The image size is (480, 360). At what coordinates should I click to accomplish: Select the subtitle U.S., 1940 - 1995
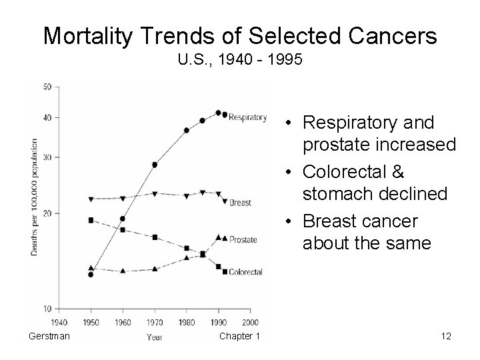coord(240,61)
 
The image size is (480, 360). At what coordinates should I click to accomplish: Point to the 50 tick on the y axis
coord(47,87)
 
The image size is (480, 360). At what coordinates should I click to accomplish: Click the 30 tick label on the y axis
coord(47,157)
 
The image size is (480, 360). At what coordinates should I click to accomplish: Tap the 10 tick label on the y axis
coord(47,309)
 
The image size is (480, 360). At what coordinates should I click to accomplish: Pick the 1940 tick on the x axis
coord(59,322)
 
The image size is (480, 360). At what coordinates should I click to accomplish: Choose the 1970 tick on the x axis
coord(155,322)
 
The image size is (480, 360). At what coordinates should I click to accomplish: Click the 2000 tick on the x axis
coord(249,322)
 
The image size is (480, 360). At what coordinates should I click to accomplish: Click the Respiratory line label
coord(248,118)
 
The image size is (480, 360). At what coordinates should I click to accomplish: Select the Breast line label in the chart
coord(240,202)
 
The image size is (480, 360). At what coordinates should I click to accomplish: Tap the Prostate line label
coord(244,239)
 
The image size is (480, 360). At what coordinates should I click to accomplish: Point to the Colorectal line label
coord(245,272)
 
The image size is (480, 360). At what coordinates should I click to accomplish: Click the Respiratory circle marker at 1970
coord(155,165)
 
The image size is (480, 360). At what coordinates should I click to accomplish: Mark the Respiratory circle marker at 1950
coord(91,274)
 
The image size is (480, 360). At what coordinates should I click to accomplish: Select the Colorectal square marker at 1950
coord(91,220)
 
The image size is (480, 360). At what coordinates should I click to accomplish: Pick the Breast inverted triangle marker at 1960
coord(123,198)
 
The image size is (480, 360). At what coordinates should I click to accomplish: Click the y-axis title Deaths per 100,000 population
coord(34,197)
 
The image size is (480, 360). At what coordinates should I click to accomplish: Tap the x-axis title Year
coord(154,337)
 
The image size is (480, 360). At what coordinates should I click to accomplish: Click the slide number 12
coord(446,336)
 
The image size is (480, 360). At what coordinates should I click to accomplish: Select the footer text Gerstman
coord(47,336)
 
